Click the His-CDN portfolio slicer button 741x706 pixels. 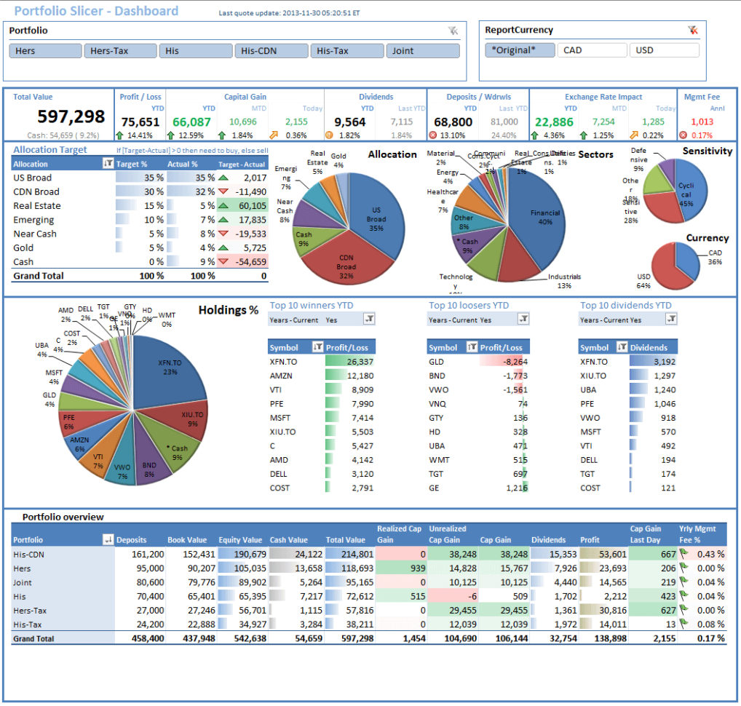click(271, 51)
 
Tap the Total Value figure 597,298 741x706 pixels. click(71, 116)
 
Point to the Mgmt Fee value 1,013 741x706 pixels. click(702, 122)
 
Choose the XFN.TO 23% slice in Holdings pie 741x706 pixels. click(170, 368)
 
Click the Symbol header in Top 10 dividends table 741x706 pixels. click(595, 348)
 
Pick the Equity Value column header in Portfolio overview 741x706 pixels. click(240, 540)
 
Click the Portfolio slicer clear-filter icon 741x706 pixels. click(453, 31)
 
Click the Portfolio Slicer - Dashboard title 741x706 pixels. click(96, 11)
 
